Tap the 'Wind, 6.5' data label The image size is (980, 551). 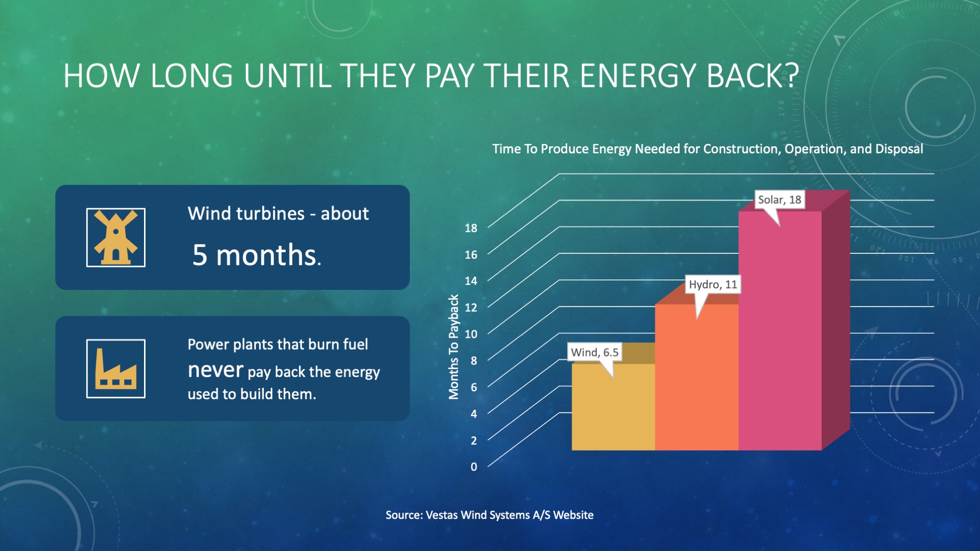pyautogui.click(x=594, y=352)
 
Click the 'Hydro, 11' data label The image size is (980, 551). pyautogui.click(x=713, y=284)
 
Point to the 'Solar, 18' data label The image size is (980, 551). pyautogui.click(x=779, y=200)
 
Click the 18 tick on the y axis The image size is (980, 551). pyautogui.click(x=471, y=228)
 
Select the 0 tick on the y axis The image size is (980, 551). pyautogui.click(x=474, y=466)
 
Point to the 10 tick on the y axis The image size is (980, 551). pyautogui.click(x=471, y=334)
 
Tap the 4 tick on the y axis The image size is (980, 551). pyautogui.click(x=474, y=413)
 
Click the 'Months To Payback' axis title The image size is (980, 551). pyautogui.click(x=453, y=347)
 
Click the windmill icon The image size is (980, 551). pyautogui.click(x=116, y=237)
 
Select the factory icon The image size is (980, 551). pyautogui.click(x=116, y=368)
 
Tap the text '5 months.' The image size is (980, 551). pyautogui.click(x=256, y=255)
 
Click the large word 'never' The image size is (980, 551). pyautogui.click(x=215, y=369)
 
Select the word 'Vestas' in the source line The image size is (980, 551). pyautogui.click(x=441, y=515)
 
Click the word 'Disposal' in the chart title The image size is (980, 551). pyautogui.click(x=899, y=149)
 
